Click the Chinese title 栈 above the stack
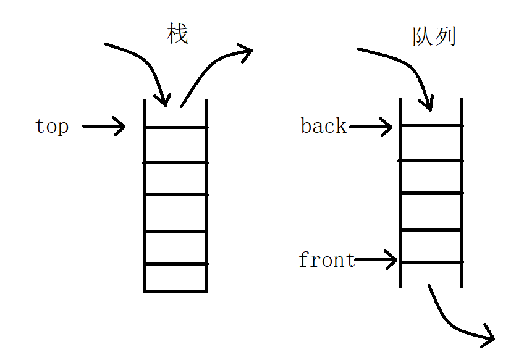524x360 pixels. (177, 35)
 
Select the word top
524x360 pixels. (52, 127)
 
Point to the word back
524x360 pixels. (324, 126)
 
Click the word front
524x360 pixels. (326, 260)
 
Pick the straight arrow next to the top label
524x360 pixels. (104, 127)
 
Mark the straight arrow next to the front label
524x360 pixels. (376, 260)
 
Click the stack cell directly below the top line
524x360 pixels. (176, 144)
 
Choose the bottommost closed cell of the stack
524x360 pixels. (176, 277)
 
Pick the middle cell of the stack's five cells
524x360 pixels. (176, 212)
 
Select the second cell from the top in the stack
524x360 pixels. (176, 178)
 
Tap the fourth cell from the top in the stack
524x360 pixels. (176, 248)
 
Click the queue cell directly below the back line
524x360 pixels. (431, 143)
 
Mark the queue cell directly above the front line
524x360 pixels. (431, 246)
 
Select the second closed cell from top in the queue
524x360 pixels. (431, 177)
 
